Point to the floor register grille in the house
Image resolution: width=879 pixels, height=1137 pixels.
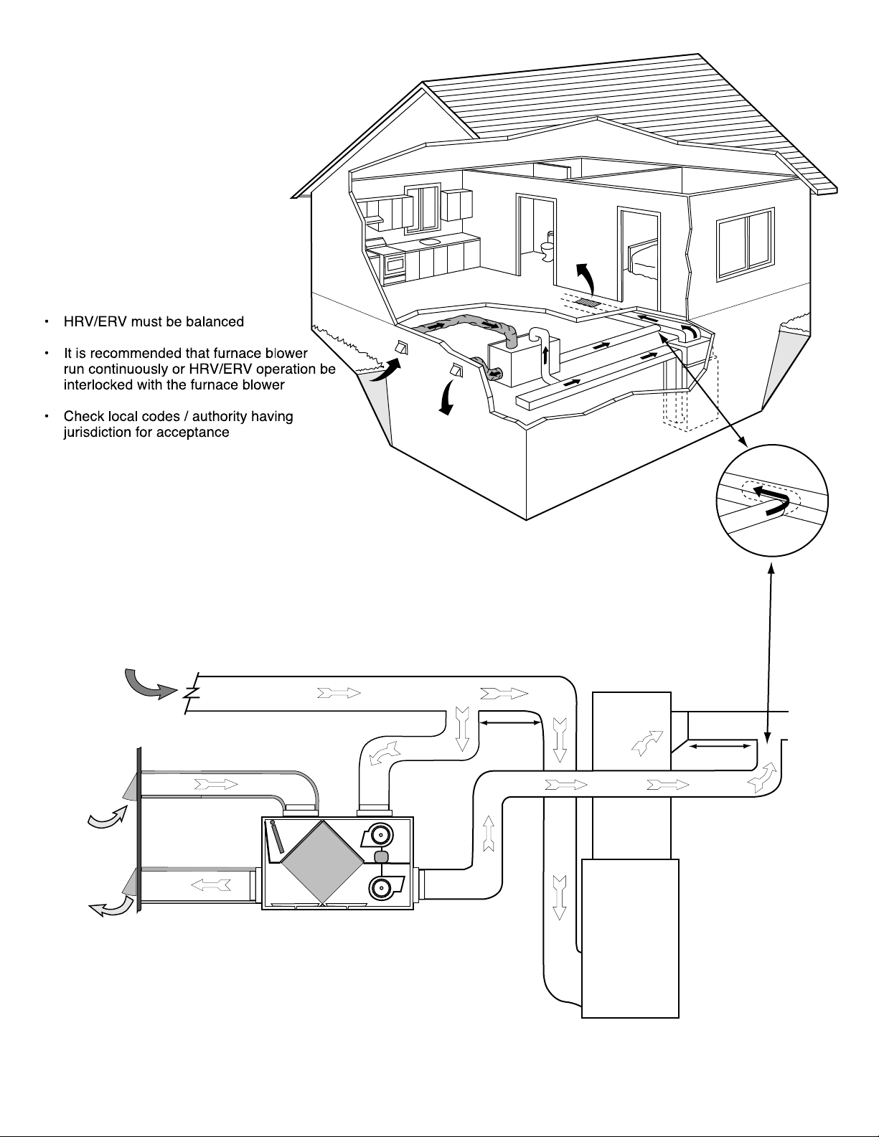tap(588, 302)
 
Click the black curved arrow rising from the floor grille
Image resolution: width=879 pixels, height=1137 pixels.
tap(586, 277)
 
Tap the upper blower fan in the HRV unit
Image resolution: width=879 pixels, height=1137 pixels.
tap(380, 836)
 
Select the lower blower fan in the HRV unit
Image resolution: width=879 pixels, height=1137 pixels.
tap(381, 887)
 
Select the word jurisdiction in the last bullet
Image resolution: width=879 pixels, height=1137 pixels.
tap(95, 433)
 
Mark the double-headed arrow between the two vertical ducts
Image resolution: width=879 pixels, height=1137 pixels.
tap(510, 723)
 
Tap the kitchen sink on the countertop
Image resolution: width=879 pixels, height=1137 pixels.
tap(428, 242)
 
